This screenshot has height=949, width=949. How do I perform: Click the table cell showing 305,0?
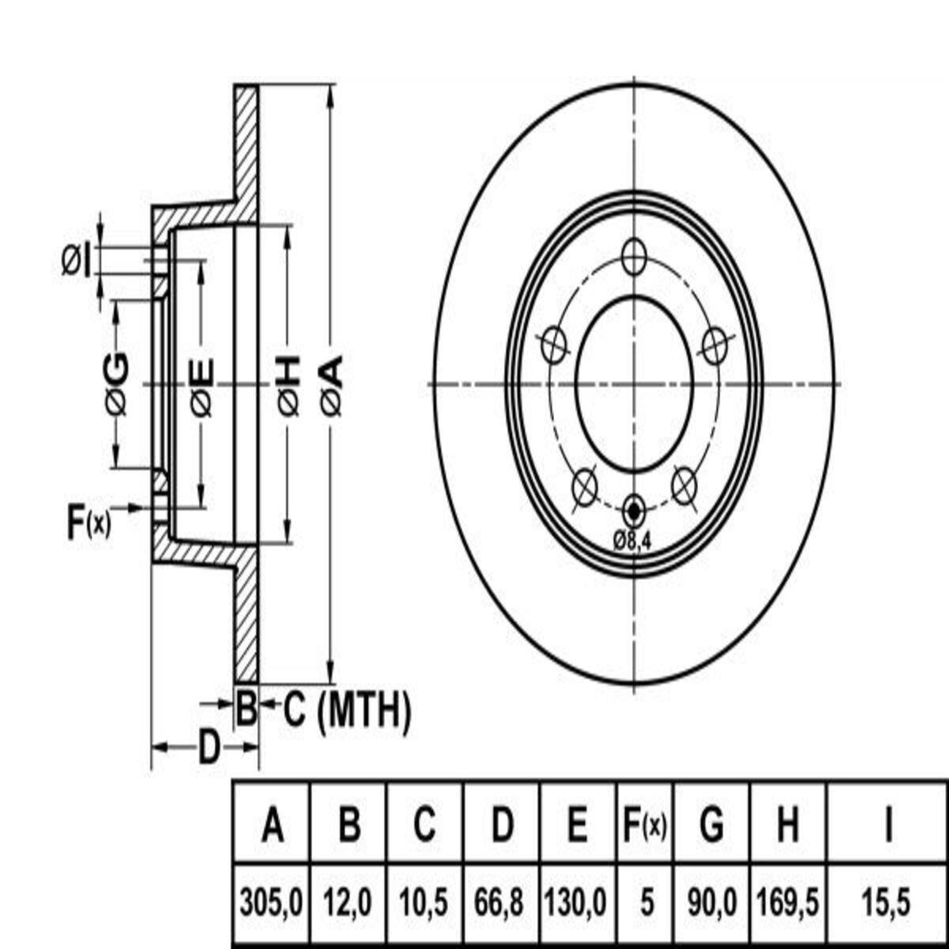pos(272,903)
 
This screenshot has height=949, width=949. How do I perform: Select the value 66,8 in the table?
pos(501,903)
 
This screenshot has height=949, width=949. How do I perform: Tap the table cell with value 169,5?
pos(788,903)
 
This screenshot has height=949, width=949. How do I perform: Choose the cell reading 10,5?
pos(424,903)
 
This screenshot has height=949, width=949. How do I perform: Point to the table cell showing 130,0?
pos(577,903)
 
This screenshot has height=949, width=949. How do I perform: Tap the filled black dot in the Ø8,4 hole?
pos(633,511)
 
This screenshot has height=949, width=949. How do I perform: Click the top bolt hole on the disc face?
pos(633,256)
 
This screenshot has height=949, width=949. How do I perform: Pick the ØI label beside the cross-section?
pos(77,261)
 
